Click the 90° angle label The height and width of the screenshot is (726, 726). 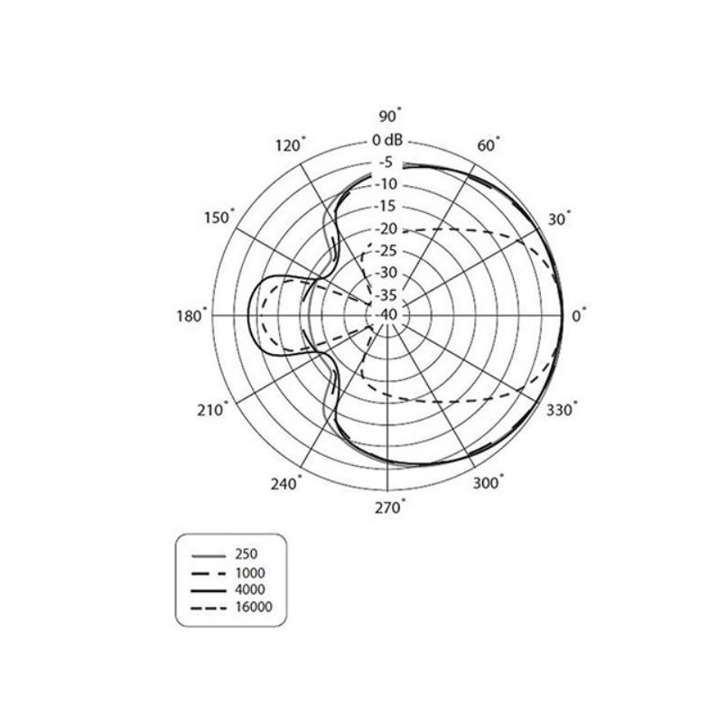[390, 116]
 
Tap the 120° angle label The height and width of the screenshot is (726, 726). [290, 144]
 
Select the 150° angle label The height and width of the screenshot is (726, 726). [219, 217]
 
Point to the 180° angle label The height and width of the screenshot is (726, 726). [191, 316]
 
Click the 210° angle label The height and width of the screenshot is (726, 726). [212, 410]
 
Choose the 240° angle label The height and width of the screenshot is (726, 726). [285, 484]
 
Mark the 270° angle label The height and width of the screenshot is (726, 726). [390, 507]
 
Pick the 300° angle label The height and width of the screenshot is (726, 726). [488, 482]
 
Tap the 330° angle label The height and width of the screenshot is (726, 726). [562, 410]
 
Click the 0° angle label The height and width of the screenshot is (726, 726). [579, 316]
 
